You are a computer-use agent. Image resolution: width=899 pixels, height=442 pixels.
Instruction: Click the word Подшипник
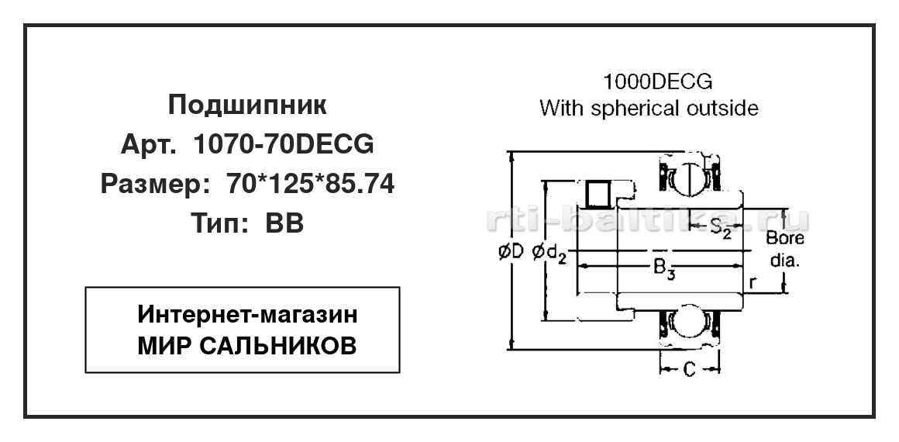click(248, 105)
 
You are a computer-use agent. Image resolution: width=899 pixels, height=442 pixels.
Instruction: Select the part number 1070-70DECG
click(284, 144)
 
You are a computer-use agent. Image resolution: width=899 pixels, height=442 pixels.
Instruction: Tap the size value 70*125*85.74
click(311, 185)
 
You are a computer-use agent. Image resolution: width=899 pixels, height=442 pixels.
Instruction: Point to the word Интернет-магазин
click(248, 315)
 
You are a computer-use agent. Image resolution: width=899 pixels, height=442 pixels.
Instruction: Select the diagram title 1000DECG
click(658, 83)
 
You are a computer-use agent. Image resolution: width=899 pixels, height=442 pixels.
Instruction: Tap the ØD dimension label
click(512, 251)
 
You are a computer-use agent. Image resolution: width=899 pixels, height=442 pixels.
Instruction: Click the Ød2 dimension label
click(549, 253)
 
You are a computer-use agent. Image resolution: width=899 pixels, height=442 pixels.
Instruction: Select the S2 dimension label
click(722, 229)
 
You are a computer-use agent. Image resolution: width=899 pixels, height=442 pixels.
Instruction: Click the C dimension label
click(690, 370)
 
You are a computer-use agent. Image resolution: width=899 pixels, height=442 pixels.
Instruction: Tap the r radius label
click(753, 281)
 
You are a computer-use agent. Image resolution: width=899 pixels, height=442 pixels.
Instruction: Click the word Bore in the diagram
click(785, 237)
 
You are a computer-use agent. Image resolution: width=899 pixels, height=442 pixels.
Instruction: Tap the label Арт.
click(148, 145)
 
